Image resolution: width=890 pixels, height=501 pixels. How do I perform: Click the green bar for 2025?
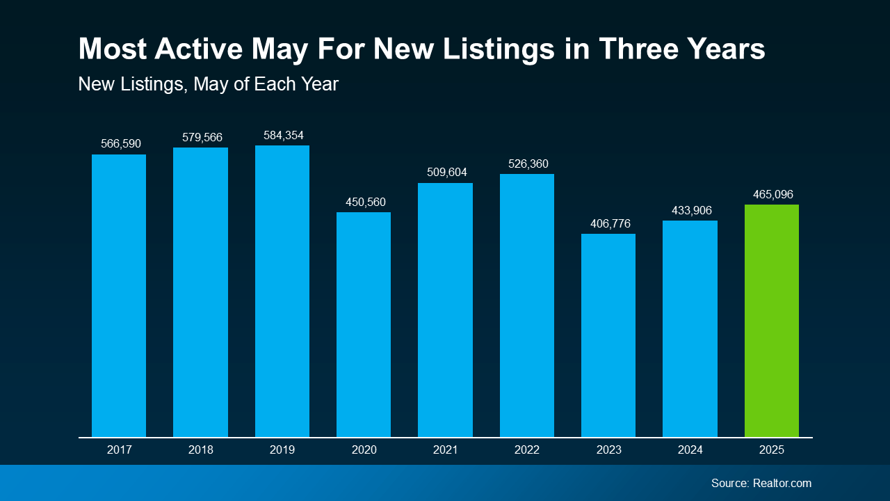[x=771, y=321]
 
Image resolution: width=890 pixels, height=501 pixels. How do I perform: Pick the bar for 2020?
[x=364, y=324]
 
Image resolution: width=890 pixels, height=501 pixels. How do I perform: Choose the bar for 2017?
[x=119, y=296]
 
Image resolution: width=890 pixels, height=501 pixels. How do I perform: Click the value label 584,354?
[x=282, y=135]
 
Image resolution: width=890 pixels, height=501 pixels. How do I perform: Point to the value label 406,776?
[x=608, y=224]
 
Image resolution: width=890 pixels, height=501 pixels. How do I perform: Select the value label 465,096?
[x=772, y=194]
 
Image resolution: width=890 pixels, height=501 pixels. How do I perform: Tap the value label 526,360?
[x=527, y=164]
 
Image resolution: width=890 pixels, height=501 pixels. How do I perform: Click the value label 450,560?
[x=365, y=202]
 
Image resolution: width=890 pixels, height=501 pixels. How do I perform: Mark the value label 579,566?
[x=202, y=138]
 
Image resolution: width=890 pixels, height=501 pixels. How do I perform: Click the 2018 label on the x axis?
[x=200, y=450]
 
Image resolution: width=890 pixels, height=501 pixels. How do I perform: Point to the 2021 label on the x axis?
[x=445, y=450]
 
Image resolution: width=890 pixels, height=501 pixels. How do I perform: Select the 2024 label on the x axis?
[x=690, y=450]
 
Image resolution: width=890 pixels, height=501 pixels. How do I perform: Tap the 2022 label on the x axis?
[x=527, y=450]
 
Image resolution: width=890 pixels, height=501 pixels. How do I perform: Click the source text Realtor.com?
[x=782, y=483]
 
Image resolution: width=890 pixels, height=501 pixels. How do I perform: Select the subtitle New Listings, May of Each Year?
[x=208, y=84]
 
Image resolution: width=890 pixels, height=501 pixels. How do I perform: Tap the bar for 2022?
[x=527, y=305]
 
